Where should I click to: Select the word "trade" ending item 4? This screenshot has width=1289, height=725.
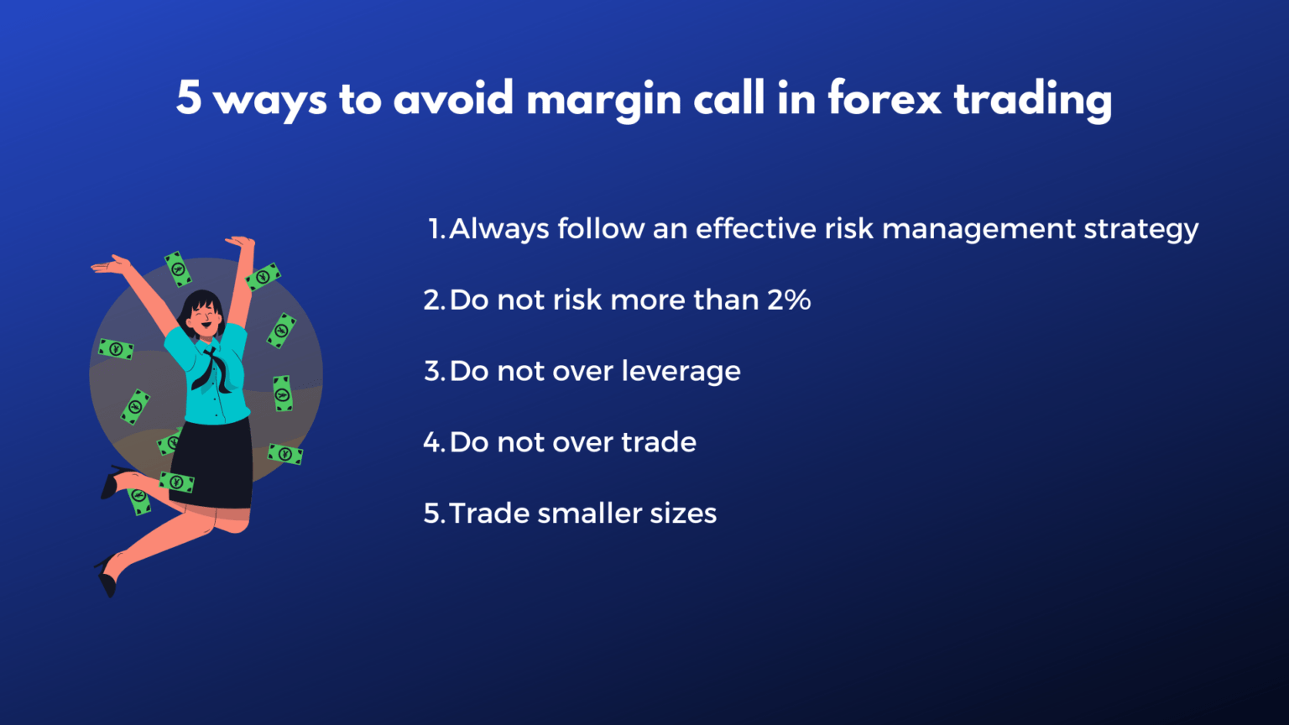[659, 442]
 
